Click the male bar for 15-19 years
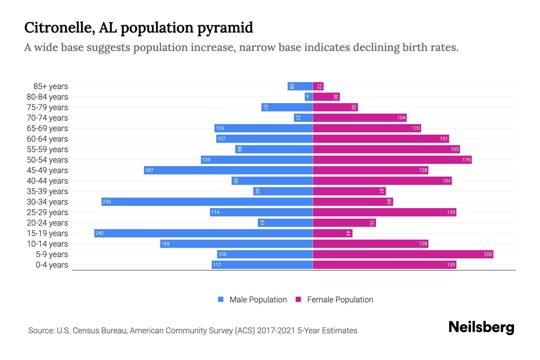(x=203, y=233)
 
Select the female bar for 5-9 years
(x=403, y=254)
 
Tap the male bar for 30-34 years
(x=207, y=202)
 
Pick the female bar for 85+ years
(x=318, y=86)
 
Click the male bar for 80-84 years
(x=309, y=97)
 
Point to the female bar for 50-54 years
(x=392, y=160)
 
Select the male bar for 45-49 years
(x=228, y=170)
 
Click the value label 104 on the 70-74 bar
(x=401, y=118)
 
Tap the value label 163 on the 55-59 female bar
(x=454, y=149)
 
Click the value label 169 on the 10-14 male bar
(x=165, y=244)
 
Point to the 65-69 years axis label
(x=47, y=128)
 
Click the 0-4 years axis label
(x=52, y=265)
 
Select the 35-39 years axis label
(x=47, y=191)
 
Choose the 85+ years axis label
(x=51, y=86)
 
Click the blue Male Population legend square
(x=221, y=299)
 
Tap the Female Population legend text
(x=340, y=299)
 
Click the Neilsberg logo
(x=481, y=327)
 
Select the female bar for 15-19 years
(x=332, y=233)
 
